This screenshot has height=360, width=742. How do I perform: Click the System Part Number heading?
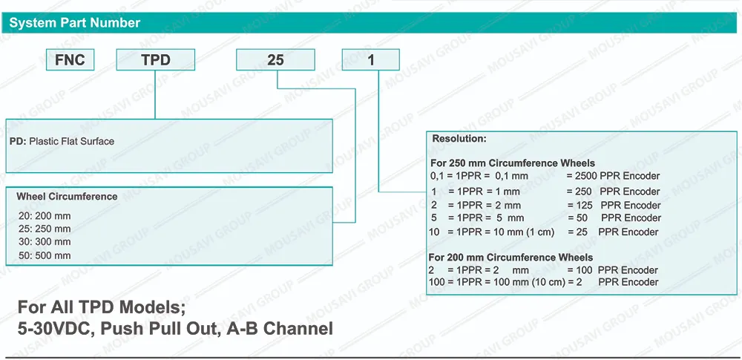75,23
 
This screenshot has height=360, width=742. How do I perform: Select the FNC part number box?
70,59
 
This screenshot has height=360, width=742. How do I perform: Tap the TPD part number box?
156,59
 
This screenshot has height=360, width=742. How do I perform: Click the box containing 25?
275,59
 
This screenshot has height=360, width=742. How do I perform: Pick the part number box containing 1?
370,59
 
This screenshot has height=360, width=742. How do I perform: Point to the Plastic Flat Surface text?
71,141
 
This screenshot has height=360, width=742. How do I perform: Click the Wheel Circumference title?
67,197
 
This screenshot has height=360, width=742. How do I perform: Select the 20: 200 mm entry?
45,216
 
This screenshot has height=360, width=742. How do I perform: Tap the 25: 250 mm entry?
45,229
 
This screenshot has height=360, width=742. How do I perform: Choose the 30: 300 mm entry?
45,242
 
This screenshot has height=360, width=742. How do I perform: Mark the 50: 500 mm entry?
45,256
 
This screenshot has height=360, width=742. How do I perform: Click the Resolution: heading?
459,139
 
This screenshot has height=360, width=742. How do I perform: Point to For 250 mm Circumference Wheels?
513,163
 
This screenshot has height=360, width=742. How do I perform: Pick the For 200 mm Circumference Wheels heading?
510,258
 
